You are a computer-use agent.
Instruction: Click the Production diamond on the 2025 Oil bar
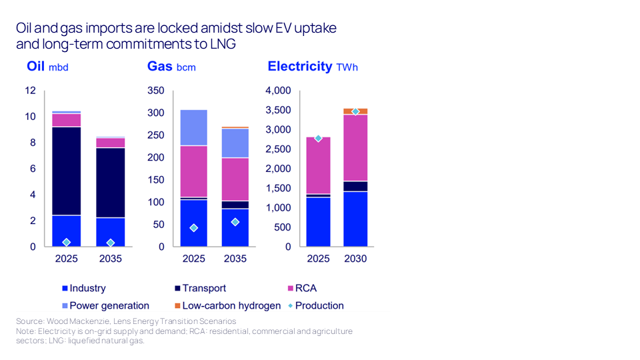(x=66, y=242)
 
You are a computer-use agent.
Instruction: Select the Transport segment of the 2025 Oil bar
(x=66, y=171)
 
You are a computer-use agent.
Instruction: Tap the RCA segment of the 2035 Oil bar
(x=111, y=143)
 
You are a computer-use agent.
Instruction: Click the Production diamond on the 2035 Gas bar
(x=235, y=222)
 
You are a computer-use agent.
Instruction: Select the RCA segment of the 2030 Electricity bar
(x=355, y=148)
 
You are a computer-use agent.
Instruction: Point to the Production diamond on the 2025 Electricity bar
(x=319, y=138)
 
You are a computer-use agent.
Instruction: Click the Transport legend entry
(x=200, y=288)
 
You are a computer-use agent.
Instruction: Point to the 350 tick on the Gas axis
(x=156, y=91)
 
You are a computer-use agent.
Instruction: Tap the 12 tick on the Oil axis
(x=31, y=91)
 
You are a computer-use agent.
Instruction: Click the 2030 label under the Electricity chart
(x=355, y=259)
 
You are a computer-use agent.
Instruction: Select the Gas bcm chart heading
(x=171, y=67)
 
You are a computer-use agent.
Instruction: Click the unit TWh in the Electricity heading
(x=347, y=67)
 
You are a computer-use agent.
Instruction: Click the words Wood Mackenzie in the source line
(x=70, y=321)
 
